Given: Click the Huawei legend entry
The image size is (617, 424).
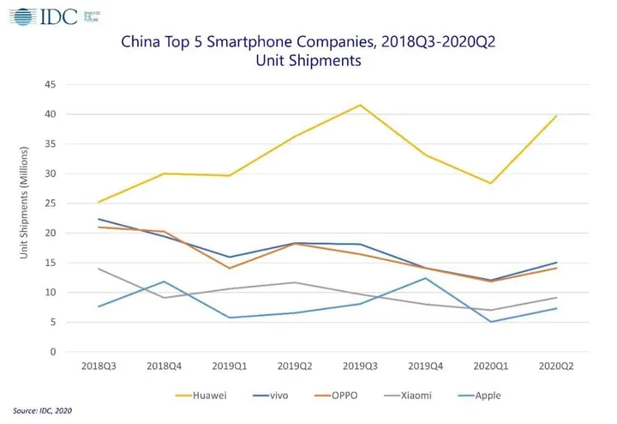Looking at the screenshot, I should coord(200,396).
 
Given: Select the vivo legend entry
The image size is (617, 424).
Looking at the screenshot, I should coord(279,396).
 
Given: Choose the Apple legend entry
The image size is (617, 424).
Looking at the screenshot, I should coord(492,396).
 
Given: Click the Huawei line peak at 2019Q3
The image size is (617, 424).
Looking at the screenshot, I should coord(360,105).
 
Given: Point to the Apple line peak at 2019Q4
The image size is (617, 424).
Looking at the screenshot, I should coord(425,278).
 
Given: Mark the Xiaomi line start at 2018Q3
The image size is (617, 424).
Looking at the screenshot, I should coord(99,269).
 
